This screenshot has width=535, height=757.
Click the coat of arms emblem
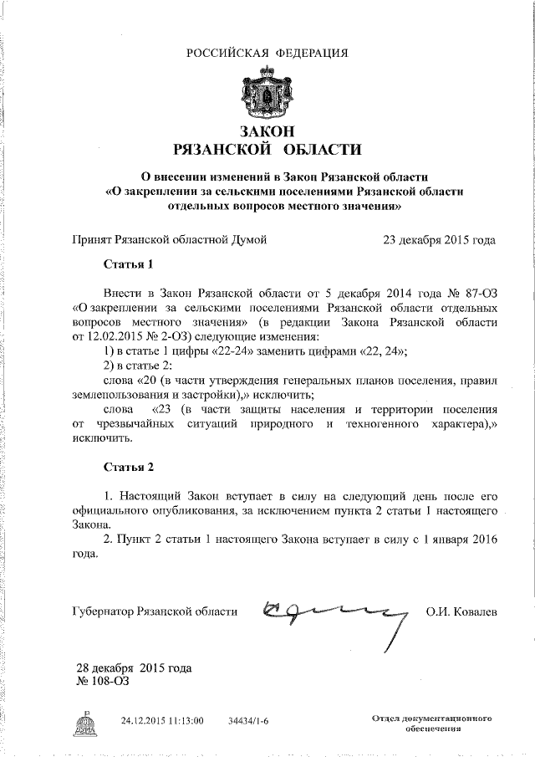coord(267,92)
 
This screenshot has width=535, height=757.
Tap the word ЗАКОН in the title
coord(267,131)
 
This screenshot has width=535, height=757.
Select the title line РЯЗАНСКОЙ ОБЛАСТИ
coord(267,151)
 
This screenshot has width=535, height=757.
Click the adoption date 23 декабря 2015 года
coord(438,240)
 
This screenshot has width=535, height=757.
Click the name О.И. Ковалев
coord(461,612)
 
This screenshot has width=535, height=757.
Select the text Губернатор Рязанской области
coord(155,612)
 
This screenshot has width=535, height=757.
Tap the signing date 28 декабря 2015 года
coord(134,668)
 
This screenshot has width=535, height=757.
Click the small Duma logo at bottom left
coord(85,724)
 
